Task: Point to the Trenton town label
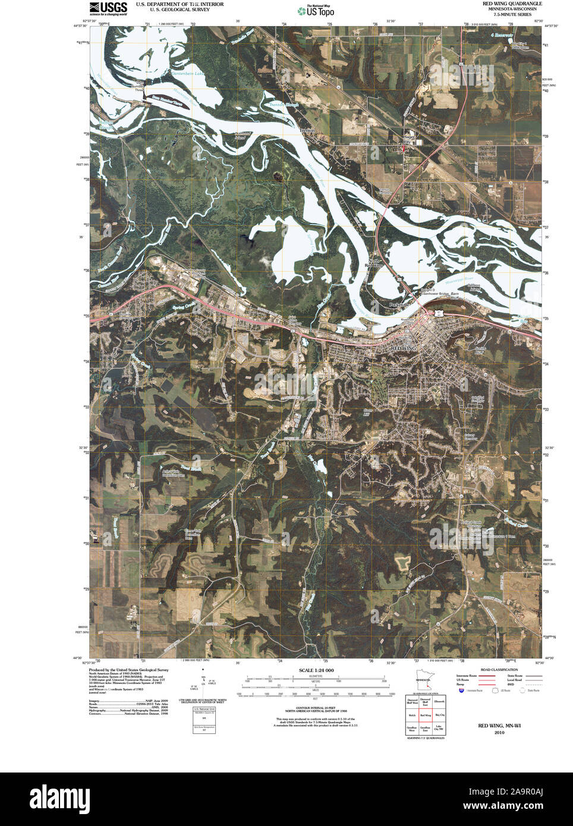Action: point(307,129)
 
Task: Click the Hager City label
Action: point(410,138)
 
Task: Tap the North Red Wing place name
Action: point(374,263)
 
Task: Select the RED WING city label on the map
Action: point(404,347)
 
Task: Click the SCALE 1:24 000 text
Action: point(316,670)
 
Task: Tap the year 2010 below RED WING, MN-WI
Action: point(499,733)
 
